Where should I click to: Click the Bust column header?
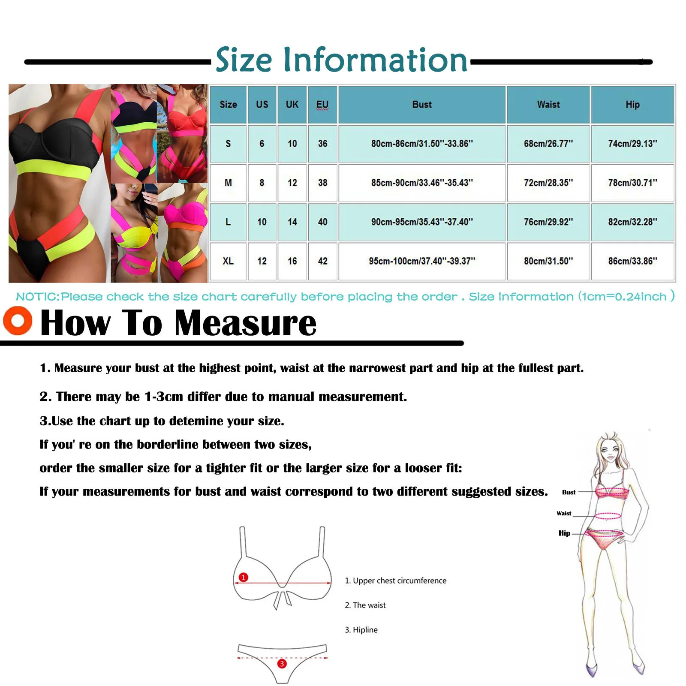coord(422,105)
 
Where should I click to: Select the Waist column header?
coord(548,105)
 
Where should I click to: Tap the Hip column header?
coord(632,105)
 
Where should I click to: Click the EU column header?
coord(322,105)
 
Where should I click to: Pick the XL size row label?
coord(228,261)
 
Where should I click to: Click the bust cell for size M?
coord(422,183)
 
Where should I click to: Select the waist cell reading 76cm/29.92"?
coord(548,222)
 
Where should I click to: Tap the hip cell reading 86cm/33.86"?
coord(632,261)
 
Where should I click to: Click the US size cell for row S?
coord(262,144)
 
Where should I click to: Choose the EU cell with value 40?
coord(322,222)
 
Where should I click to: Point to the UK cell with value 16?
coord(292,261)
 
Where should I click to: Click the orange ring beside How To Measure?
coord(18,320)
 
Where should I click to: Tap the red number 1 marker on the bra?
coord(243,577)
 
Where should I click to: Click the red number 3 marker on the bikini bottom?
coord(282,664)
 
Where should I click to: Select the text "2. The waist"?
coord(365,605)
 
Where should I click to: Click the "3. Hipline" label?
coord(361,630)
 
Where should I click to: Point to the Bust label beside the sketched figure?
coord(569,492)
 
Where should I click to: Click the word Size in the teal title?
coord(244,60)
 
